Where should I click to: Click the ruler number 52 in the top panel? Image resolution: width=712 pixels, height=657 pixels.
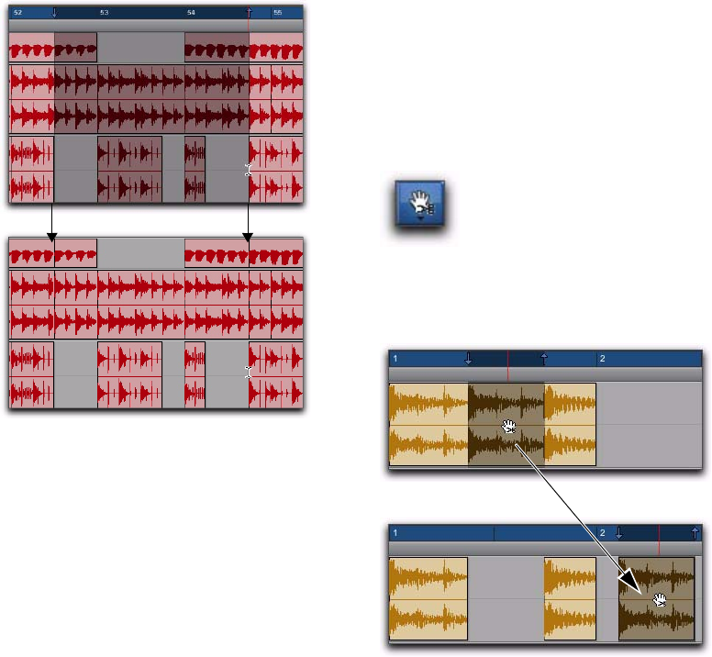tap(17, 13)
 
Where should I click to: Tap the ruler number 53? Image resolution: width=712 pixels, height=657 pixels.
tap(104, 13)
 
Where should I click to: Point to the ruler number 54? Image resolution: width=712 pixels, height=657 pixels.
tap(191, 13)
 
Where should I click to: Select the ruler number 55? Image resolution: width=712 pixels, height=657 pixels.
tap(278, 13)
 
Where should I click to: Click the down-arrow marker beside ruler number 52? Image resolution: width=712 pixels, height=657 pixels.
tap(54, 13)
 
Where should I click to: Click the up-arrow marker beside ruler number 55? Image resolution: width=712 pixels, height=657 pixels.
tap(249, 12)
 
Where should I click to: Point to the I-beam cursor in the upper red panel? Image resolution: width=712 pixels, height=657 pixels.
tap(247, 169)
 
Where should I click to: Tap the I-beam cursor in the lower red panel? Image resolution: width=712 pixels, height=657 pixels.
tap(247, 372)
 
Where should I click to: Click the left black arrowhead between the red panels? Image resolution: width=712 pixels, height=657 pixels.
tap(51, 238)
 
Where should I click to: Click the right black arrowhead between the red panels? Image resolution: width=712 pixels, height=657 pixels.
tap(247, 238)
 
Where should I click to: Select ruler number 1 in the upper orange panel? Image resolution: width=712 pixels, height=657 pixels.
tap(395, 359)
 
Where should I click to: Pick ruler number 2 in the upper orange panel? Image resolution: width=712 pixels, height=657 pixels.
tap(602, 359)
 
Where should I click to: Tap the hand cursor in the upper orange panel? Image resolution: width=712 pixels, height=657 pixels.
tap(509, 428)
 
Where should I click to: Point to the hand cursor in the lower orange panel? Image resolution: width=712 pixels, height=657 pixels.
tap(659, 600)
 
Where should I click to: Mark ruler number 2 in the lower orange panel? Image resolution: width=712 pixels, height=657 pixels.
tap(602, 533)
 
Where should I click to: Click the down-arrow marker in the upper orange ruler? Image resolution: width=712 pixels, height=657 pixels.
tap(469, 358)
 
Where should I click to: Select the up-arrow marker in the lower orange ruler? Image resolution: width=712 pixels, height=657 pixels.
tap(695, 532)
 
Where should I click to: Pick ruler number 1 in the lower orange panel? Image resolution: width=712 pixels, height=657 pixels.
tap(395, 533)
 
